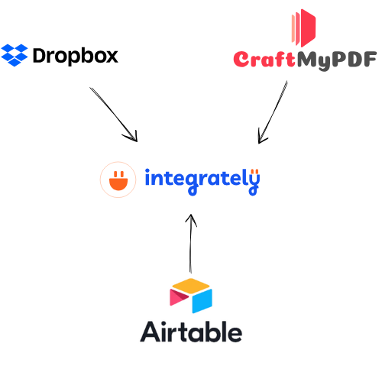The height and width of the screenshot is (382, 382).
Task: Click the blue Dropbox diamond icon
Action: coord(15,55)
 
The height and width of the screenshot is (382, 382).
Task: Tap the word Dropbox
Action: coord(76,57)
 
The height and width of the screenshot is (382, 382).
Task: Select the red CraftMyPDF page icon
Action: coord(303,28)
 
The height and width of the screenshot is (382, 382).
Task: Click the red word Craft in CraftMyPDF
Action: coord(264,59)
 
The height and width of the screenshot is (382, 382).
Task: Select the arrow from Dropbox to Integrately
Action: coord(114,115)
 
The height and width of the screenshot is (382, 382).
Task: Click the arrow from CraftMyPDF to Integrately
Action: coord(273,112)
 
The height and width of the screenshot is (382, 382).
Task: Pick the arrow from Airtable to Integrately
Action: coord(191,244)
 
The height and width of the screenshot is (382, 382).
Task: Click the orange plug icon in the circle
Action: coord(118,181)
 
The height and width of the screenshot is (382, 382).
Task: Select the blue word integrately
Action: coord(202,181)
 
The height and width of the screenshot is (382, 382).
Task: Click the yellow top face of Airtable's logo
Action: coord(191,286)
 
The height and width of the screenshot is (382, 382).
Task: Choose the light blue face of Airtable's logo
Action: coord(202,301)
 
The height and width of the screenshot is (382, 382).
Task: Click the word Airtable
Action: coord(191,332)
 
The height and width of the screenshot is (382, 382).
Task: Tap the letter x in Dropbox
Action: coord(112,57)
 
